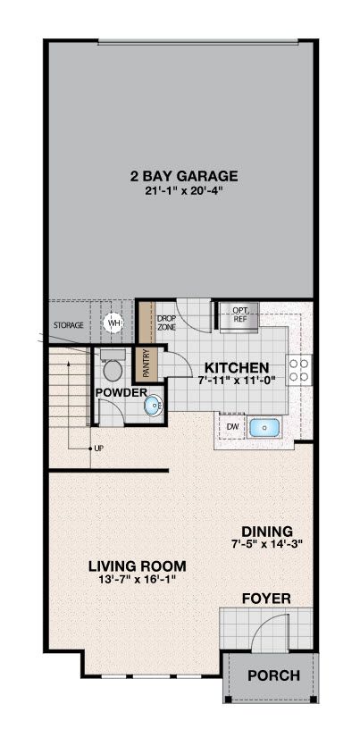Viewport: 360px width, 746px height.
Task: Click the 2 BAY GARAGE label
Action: pyautogui.click(x=183, y=176)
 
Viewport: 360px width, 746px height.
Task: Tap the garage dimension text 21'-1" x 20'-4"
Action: pyautogui.click(x=184, y=191)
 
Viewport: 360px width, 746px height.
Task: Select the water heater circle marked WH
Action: pyautogui.click(x=113, y=323)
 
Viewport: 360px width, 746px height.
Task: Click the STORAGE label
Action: pyautogui.click(x=69, y=325)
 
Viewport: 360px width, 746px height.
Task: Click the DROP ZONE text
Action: pyautogui.click(x=166, y=323)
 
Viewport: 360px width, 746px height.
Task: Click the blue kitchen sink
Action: pyautogui.click(x=264, y=428)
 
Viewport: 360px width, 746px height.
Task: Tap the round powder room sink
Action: pyautogui.click(x=154, y=406)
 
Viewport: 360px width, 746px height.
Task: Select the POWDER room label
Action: pyautogui.click(x=121, y=393)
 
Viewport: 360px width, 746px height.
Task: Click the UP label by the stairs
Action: pyautogui.click(x=99, y=448)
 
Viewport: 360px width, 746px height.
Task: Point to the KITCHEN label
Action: pyautogui.click(x=237, y=367)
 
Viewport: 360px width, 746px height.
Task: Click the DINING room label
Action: pyautogui.click(x=267, y=531)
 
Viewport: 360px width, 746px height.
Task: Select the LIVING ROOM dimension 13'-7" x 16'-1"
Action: pyautogui.click(x=138, y=580)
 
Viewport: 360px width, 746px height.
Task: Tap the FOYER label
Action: pyautogui.click(x=266, y=598)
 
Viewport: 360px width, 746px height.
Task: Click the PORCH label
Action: pyautogui.click(x=274, y=675)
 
